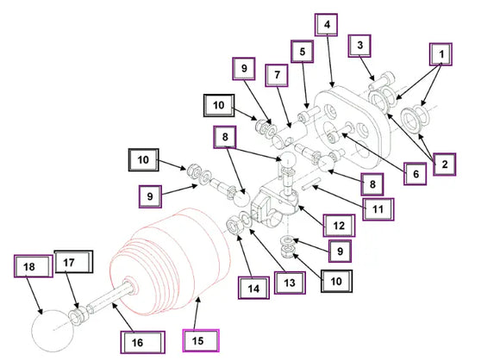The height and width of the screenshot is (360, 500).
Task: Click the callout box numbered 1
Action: (441, 54)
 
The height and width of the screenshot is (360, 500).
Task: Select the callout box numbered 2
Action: (445, 164)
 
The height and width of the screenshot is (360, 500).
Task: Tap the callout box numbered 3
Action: (359, 46)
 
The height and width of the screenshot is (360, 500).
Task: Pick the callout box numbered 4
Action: (326, 25)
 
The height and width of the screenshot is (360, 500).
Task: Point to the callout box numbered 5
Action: (302, 52)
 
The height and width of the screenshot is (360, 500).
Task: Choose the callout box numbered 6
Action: (416, 174)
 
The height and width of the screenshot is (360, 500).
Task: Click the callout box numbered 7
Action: (277, 75)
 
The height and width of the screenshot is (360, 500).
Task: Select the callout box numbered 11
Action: (378, 209)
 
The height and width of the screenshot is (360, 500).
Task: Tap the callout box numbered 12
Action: (339, 226)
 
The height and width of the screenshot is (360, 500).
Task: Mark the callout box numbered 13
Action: (290, 282)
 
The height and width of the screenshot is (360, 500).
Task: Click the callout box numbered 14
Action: (253, 288)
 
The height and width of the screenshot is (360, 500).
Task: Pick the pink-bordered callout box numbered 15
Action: (201, 340)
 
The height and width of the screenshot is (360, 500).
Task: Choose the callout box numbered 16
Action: (143, 342)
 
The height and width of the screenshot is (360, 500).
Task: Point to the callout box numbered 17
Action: (73, 262)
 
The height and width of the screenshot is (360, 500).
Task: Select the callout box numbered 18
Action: (34, 266)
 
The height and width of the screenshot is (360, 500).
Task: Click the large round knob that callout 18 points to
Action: (52, 331)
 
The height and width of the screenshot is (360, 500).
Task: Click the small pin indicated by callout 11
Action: (311, 183)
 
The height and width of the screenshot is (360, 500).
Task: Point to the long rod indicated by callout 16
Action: (110, 299)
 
